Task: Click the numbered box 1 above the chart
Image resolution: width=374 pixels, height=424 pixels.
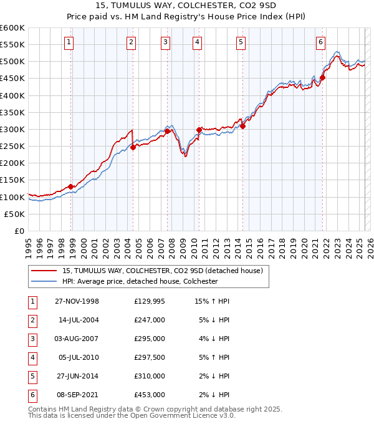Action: tap(69, 42)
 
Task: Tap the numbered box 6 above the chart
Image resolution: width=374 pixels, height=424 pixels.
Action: tap(320, 42)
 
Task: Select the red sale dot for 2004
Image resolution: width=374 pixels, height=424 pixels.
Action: tap(133, 147)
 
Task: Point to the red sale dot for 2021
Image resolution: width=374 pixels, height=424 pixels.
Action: tap(323, 78)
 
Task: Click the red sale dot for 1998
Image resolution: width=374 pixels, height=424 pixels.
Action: tap(71, 186)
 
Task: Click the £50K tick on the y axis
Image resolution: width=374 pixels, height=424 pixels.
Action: tap(15, 214)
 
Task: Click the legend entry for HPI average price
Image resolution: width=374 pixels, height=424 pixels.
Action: tap(139, 281)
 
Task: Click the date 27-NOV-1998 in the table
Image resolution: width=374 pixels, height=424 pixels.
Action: tap(77, 301)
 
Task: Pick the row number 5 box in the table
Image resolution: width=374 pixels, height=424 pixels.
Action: tap(31, 376)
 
